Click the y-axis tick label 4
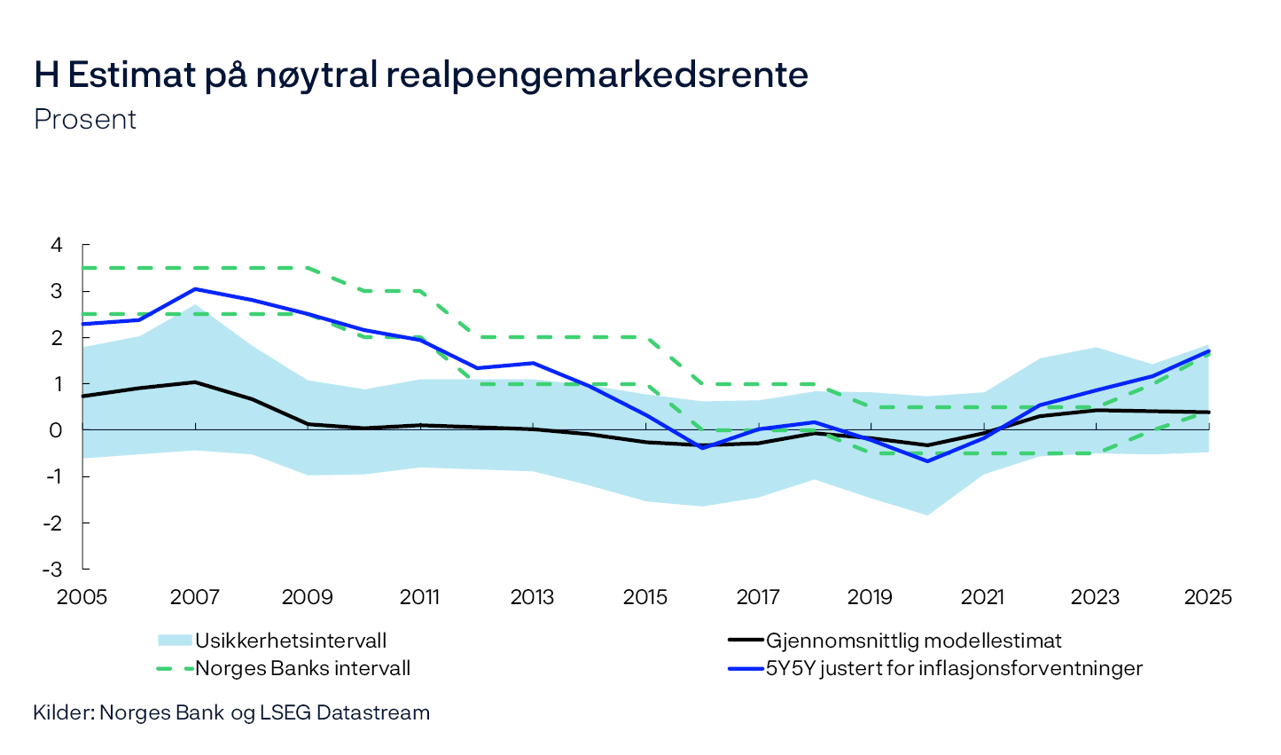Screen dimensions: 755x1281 tap(57, 245)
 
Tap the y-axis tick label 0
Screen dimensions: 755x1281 tap(57, 430)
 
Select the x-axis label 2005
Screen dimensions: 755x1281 tap(82, 597)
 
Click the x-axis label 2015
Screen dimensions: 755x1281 tap(645, 597)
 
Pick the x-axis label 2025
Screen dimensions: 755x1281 tap(1208, 597)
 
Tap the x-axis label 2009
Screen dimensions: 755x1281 tap(307, 597)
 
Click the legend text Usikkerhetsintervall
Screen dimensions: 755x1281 tap(291, 641)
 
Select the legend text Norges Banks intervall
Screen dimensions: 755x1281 tap(302, 668)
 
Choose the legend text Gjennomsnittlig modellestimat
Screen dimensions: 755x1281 tap(913, 641)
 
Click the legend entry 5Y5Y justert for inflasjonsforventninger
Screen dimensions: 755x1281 tap(954, 668)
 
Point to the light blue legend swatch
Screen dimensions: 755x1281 tap(175, 641)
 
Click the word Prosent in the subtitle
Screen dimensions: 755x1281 tap(85, 120)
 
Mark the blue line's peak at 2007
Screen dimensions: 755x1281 tap(195, 289)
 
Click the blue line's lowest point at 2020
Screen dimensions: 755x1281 tap(927, 461)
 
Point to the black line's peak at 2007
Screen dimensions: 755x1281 tap(195, 382)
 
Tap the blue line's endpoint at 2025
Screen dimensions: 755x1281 tap(1208, 351)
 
